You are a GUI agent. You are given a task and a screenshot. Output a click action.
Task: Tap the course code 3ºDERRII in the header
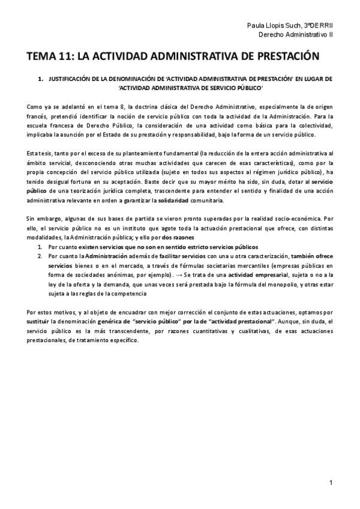pyautogui.click(x=317, y=26)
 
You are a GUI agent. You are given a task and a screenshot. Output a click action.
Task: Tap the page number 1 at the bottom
pyautogui.click(x=331, y=482)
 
